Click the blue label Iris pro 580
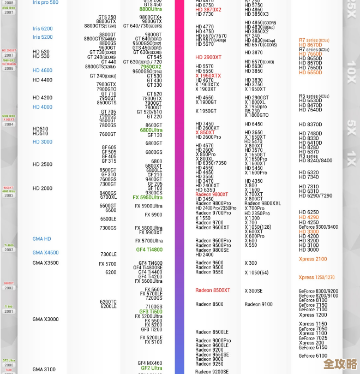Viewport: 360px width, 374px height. pyautogui.click(x=45, y=3)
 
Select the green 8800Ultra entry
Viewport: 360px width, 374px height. pyautogui.click(x=151, y=10)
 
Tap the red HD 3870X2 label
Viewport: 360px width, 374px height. pyautogui.click(x=208, y=10)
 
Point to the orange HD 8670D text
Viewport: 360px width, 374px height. pyautogui.click(x=310, y=30)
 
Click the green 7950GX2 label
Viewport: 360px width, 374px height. pyautogui.click(x=151, y=67)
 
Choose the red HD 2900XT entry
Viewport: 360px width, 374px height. pyautogui.click(x=208, y=57)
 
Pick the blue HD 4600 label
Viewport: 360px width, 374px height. pyautogui.click(x=43, y=70)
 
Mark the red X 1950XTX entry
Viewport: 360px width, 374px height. pyautogui.click(x=208, y=76)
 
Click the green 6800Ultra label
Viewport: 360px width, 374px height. pyautogui.click(x=151, y=130)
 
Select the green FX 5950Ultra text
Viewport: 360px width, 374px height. pyautogui.click(x=147, y=198)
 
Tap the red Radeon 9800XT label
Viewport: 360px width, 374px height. pyautogui.click(x=212, y=194)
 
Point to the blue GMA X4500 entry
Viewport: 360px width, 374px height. pyautogui.click(x=45, y=253)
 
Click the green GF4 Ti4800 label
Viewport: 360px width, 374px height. pyautogui.click(x=149, y=250)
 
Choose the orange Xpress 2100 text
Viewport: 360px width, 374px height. pyautogui.click(x=313, y=259)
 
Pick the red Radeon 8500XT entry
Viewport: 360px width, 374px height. pyautogui.click(x=213, y=290)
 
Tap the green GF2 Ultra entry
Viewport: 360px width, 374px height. pyautogui.click(x=151, y=368)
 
